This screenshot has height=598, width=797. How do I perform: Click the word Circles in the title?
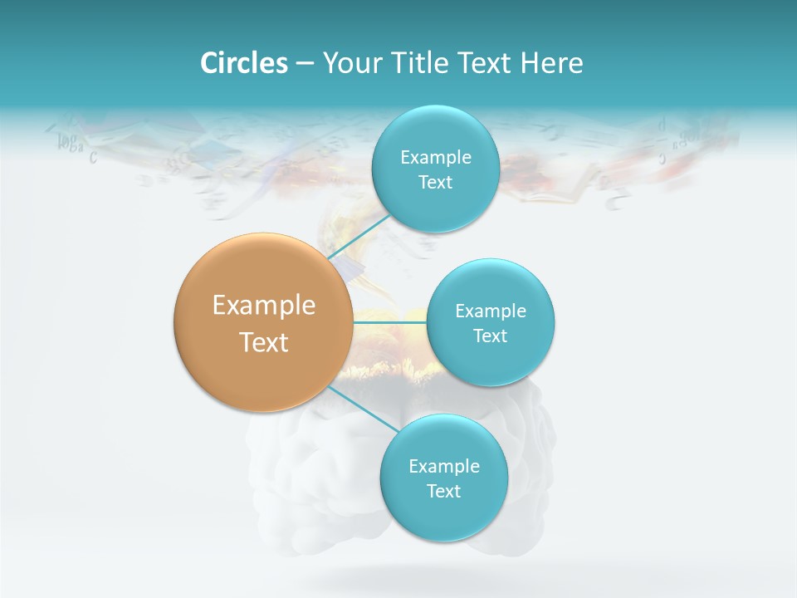pos(243,63)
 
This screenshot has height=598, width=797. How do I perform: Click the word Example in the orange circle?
pos(264,306)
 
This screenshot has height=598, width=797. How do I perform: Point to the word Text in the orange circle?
pos(264,342)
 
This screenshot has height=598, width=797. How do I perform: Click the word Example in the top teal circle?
pos(436,158)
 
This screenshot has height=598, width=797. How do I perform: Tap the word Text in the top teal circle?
pos(436,183)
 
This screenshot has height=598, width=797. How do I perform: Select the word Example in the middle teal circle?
pos(491,311)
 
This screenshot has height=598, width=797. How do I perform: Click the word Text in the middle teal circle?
pos(491,336)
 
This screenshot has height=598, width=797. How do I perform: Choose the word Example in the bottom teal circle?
pos(444,467)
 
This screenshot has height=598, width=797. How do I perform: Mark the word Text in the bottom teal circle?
pos(444,492)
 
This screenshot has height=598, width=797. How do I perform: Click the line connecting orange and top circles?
pos(359,238)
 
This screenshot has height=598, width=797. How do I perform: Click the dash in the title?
pos(305,64)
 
